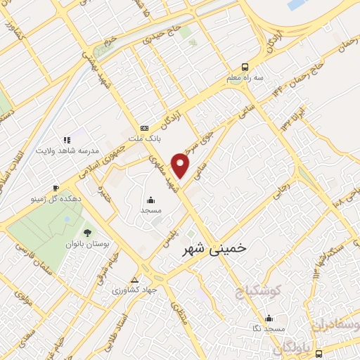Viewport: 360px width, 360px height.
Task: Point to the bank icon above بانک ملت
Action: (x=144, y=128)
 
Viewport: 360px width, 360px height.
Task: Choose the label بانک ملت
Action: (x=149, y=139)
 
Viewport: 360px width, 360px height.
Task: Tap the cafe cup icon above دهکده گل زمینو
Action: (x=56, y=188)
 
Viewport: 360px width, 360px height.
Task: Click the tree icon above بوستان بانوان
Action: (x=87, y=232)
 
